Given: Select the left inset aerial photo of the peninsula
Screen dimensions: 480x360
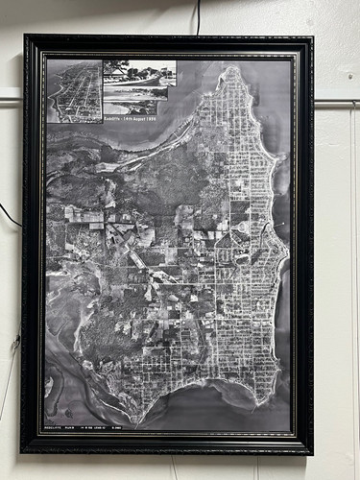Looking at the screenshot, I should (x=74, y=91).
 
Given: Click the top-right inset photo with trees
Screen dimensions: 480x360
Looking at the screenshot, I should (x=139, y=72).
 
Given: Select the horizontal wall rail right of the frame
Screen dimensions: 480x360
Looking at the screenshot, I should (x=336, y=100).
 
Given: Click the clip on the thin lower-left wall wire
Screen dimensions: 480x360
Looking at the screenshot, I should (x=14, y=342).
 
